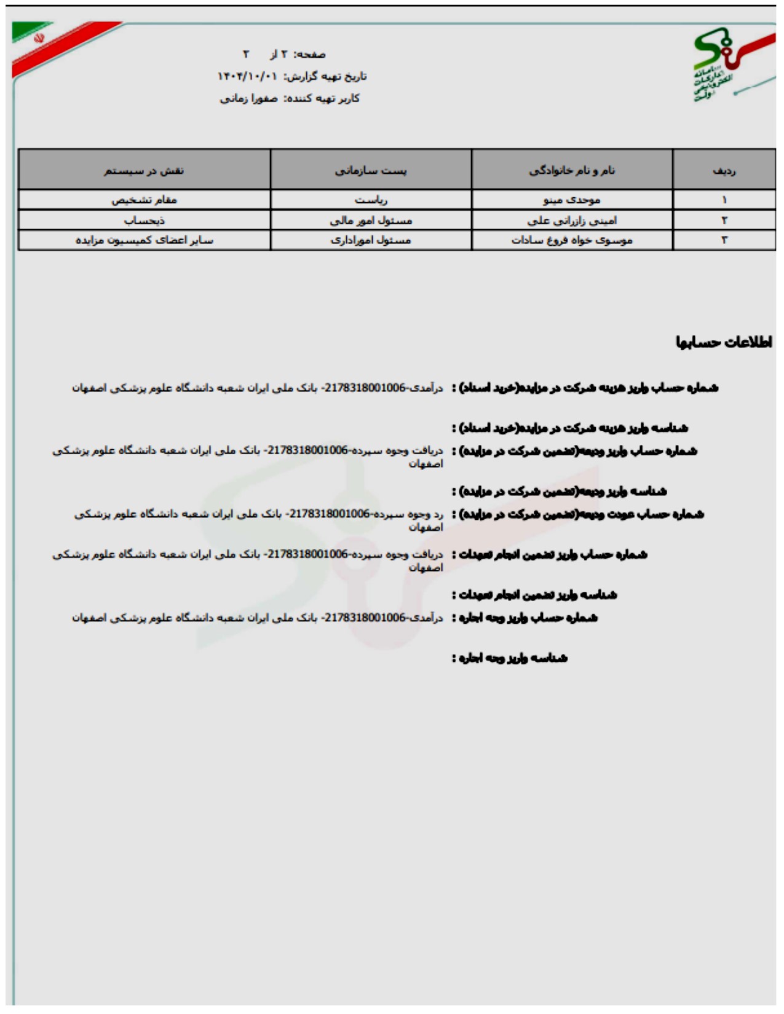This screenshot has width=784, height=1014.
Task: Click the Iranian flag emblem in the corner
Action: [x=39, y=38]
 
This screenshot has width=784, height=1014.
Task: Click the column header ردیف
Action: [x=724, y=170]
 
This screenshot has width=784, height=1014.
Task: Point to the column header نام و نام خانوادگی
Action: [x=572, y=170]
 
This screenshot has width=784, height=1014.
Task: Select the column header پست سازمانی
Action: [x=371, y=170]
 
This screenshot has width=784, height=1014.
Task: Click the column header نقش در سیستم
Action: [x=144, y=170]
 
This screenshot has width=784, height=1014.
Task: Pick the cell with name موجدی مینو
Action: [x=572, y=200]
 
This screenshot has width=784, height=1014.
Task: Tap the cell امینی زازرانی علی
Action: [x=572, y=220]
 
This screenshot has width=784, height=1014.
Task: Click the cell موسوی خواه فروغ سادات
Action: [x=572, y=240]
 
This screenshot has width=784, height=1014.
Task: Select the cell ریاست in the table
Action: [x=371, y=200]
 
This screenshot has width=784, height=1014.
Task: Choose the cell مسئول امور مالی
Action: [x=371, y=220]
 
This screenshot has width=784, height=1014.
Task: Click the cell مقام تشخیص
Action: [x=144, y=200]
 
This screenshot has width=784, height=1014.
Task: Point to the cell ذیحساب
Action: [x=144, y=220]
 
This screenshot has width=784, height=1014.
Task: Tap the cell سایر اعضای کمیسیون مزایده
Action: [x=144, y=240]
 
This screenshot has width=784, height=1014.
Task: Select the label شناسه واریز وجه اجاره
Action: [x=510, y=658]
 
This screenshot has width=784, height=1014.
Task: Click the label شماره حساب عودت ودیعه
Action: [x=579, y=514]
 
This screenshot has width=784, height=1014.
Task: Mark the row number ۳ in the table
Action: [x=724, y=240]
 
